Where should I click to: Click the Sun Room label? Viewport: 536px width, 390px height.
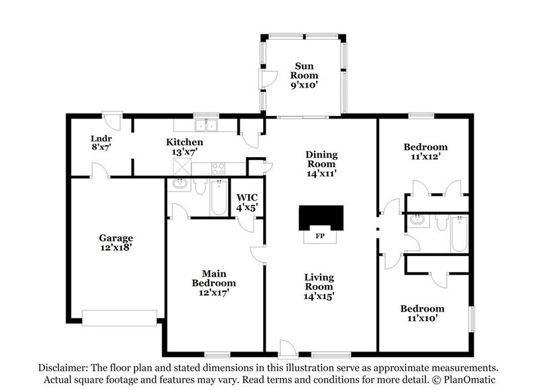click(x=306, y=70)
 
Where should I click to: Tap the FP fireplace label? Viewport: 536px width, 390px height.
click(x=320, y=235)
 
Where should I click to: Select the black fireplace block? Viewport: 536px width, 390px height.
click(x=321, y=217)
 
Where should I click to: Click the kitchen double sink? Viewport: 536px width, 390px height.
click(x=206, y=126)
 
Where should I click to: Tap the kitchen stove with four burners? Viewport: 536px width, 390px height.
click(x=219, y=168)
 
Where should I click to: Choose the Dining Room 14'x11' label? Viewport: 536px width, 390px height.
click(x=321, y=164)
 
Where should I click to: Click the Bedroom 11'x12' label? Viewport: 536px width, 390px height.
click(x=425, y=152)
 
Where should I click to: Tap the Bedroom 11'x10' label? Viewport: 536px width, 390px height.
click(x=422, y=314)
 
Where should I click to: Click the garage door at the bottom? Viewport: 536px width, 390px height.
click(x=119, y=318)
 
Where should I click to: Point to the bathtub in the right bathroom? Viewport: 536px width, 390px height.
click(x=459, y=234)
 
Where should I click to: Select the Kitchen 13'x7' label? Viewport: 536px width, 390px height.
click(x=184, y=147)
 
